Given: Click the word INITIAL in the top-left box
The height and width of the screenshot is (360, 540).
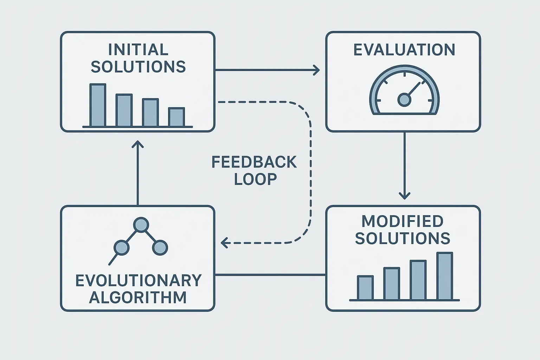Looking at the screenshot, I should point(138,50).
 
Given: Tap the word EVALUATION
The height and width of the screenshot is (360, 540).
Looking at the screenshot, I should point(404,50).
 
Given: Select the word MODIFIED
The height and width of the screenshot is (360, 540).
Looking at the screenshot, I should point(403,221).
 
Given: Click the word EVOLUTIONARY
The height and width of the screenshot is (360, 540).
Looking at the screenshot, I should point(139,281).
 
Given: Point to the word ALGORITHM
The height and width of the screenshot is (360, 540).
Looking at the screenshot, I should point(138,297).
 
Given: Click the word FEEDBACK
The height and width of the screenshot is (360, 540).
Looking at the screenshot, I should point(254,162).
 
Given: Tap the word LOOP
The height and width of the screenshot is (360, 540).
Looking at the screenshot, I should point(256,179).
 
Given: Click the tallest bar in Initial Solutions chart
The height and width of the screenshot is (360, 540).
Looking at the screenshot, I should point(98,105).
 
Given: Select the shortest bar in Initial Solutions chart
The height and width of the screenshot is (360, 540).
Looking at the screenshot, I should point(176,117).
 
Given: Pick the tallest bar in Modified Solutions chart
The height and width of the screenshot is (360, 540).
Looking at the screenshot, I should point(445,276).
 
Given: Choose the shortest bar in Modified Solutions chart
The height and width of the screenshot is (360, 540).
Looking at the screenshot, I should point(365,288).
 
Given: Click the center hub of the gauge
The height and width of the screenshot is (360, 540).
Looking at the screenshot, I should point(404,100).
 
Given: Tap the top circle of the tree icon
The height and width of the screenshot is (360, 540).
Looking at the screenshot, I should point(141,225).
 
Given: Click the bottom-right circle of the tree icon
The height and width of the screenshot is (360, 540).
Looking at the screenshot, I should point(160,247).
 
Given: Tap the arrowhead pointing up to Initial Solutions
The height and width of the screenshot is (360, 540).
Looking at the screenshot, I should point(137,144).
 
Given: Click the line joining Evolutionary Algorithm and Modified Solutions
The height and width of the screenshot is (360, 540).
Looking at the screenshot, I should point(270,275).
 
